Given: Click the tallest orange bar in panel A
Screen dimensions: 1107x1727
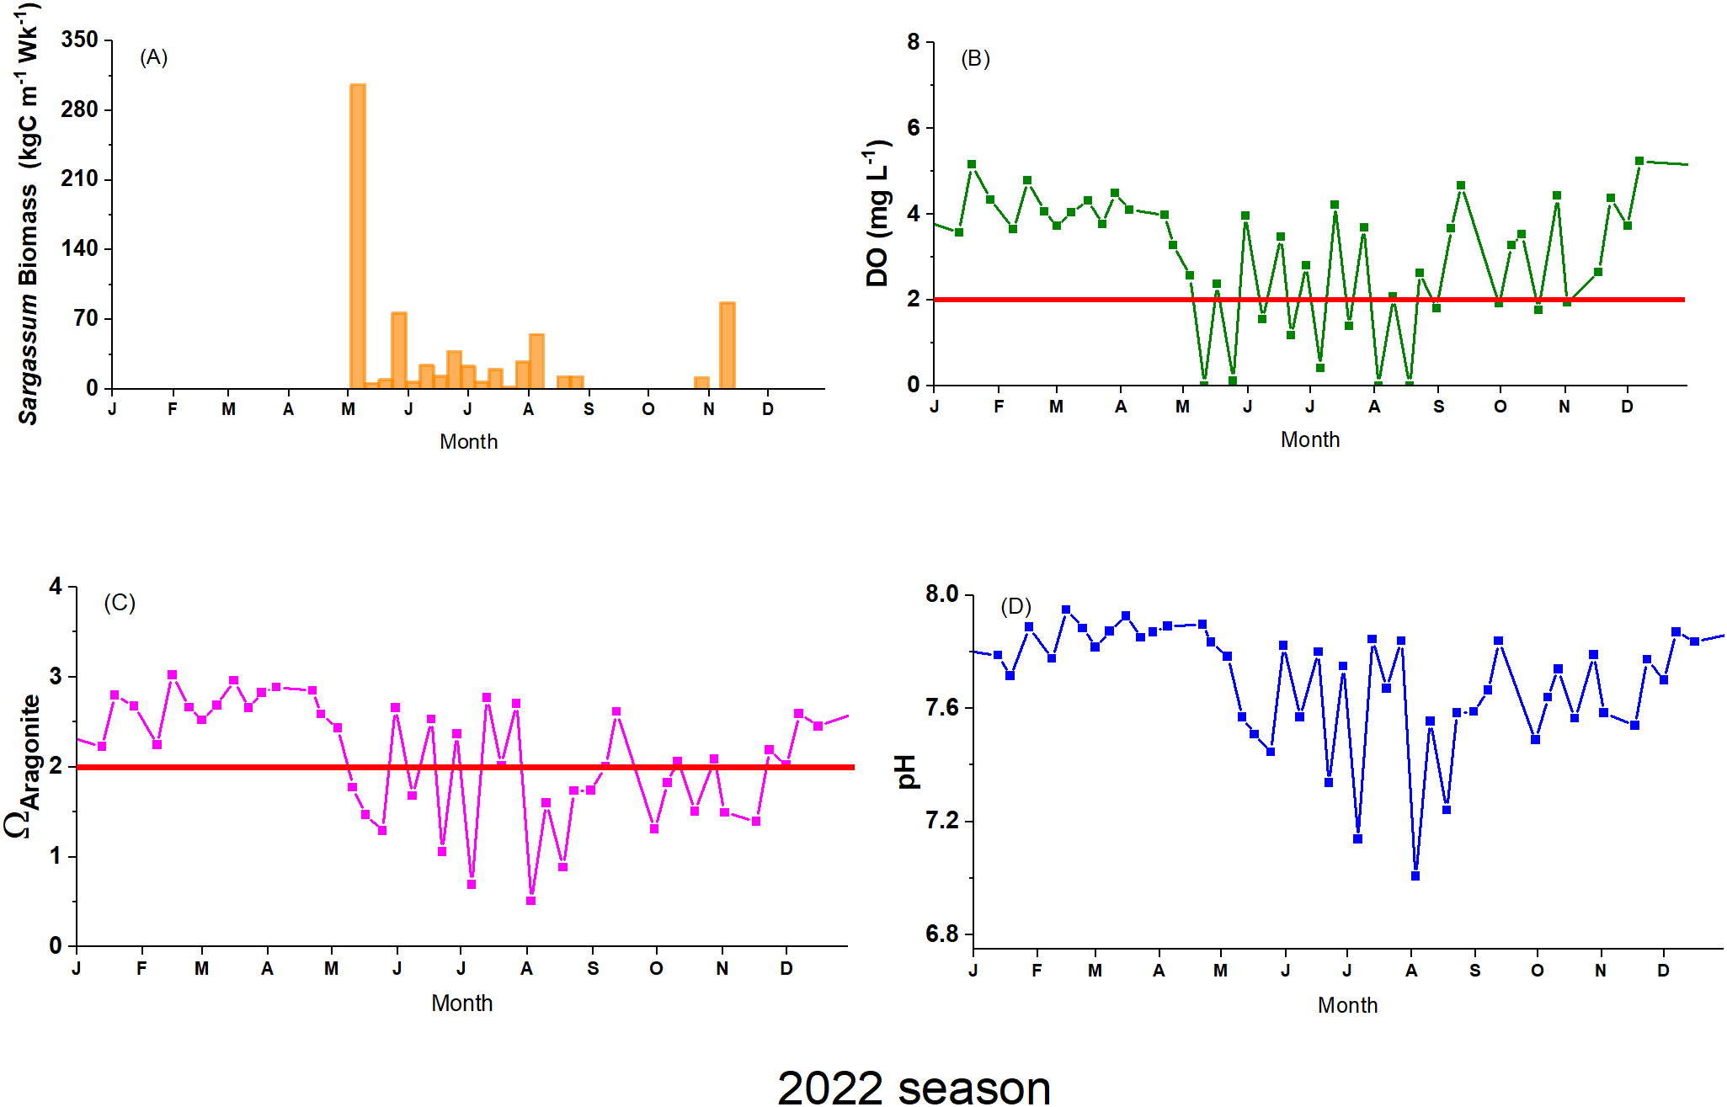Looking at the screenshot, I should (358, 236).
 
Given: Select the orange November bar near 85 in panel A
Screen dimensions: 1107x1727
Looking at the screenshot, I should (728, 345).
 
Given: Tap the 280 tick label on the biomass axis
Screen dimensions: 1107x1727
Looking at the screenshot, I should (79, 109).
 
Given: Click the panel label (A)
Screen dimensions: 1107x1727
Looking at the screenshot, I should (153, 57).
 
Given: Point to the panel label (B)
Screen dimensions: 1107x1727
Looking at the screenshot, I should (975, 59).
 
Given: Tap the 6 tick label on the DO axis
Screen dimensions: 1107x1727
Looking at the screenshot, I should (914, 128).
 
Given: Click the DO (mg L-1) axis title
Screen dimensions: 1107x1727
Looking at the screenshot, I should (877, 215).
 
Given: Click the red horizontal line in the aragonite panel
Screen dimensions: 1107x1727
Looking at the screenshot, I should (253, 767).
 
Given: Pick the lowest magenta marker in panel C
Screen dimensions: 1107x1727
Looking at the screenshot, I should (530, 901).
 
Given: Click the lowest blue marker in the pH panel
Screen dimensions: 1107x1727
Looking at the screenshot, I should (1415, 876).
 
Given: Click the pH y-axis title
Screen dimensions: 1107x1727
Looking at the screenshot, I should (906, 772).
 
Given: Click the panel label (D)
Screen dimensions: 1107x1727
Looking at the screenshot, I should (1015, 606).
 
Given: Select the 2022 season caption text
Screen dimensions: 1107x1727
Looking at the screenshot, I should (914, 1087).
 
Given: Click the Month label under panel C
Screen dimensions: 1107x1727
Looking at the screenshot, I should (461, 1003).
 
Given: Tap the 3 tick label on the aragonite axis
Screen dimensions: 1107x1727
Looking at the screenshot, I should (56, 676).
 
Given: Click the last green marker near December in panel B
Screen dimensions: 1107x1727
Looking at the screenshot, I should (1639, 161).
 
